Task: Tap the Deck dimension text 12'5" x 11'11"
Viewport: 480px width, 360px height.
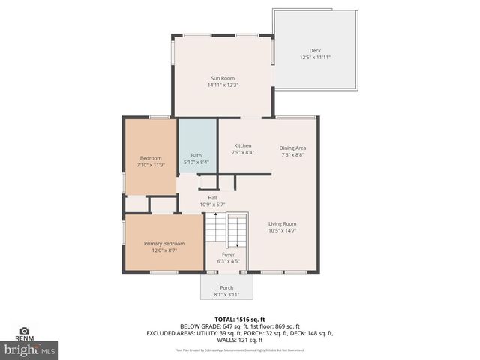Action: click(x=315, y=58)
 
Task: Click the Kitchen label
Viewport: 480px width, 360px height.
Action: click(x=242, y=145)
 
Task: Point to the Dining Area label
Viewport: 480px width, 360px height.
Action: click(x=292, y=148)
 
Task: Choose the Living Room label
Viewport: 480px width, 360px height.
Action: click(x=283, y=223)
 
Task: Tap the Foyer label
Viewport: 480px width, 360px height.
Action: click(x=228, y=254)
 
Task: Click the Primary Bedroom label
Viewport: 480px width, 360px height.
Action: click(x=164, y=243)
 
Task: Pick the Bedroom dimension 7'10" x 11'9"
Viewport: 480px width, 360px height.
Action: click(x=151, y=165)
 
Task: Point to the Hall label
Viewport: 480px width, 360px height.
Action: click(x=212, y=198)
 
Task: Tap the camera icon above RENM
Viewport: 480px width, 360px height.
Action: click(x=25, y=330)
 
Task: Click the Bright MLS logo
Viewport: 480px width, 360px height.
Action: click(x=29, y=349)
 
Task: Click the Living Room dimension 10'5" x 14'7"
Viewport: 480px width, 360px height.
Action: click(x=283, y=231)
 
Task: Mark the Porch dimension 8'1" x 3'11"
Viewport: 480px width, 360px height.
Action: click(x=226, y=295)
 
